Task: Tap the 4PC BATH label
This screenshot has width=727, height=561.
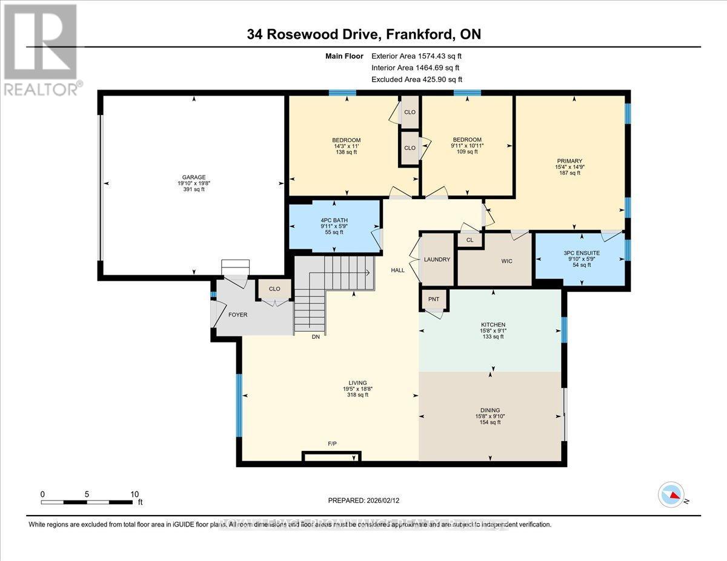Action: click(x=334, y=220)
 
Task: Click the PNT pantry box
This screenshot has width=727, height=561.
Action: click(x=434, y=300)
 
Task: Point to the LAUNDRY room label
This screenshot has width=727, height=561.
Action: click(x=437, y=260)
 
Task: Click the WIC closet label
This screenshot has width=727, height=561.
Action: click(x=506, y=261)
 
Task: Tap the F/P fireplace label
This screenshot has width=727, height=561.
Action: click(x=332, y=444)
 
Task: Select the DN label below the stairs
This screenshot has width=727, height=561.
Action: click(x=315, y=336)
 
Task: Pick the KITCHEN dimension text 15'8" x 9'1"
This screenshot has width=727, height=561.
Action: click(x=493, y=330)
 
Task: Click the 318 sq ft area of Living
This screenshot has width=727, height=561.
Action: click(x=357, y=395)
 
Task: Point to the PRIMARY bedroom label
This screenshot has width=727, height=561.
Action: click(x=569, y=160)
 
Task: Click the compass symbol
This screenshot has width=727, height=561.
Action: click(x=671, y=495)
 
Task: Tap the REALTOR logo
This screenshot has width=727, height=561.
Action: click(x=41, y=49)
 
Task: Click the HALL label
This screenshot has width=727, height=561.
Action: click(x=397, y=270)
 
